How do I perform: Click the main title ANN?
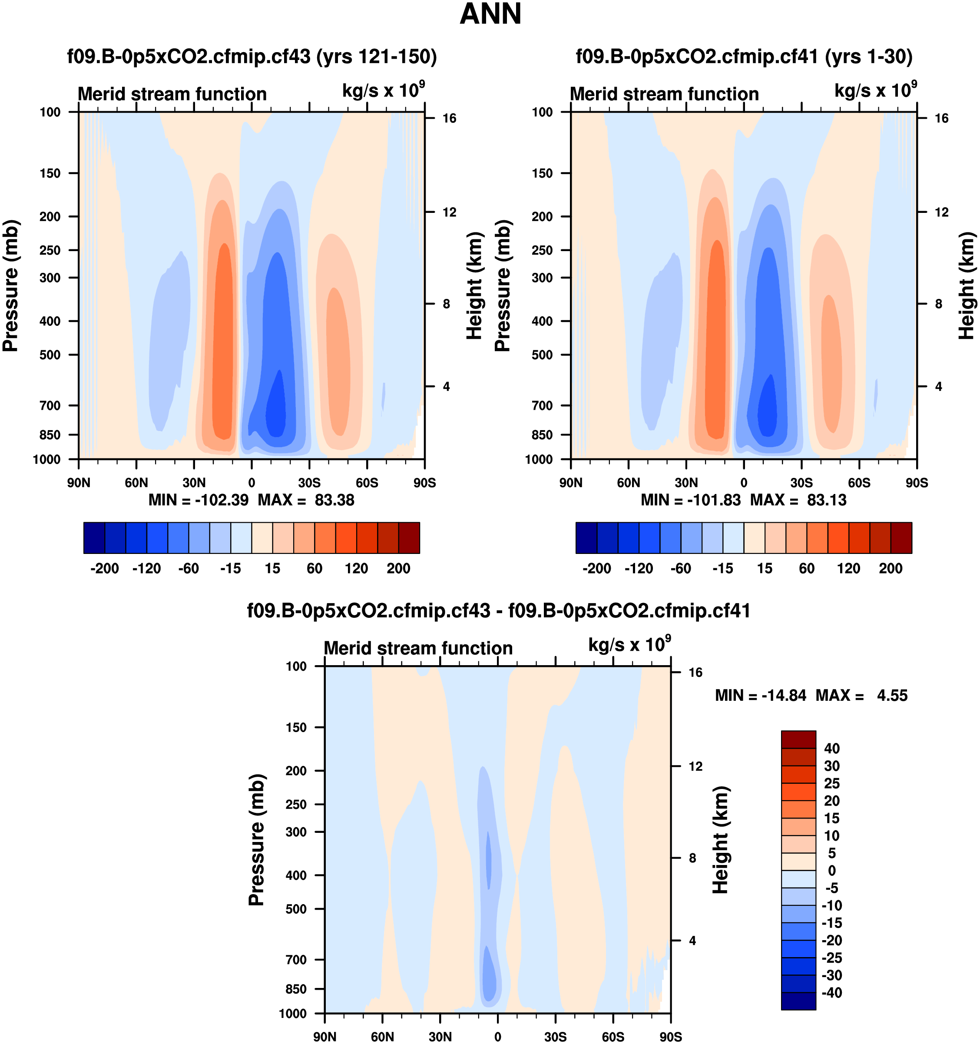[490, 14]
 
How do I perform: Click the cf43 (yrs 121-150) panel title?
[252, 56]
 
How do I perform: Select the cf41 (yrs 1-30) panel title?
[744, 56]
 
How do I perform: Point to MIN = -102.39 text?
[198, 500]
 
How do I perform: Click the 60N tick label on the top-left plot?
[136, 483]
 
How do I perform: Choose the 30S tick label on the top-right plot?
[801, 483]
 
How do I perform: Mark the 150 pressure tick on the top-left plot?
[50, 173]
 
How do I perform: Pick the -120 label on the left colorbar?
[146, 569]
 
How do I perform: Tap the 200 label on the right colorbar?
[890, 569]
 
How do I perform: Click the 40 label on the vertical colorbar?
[832, 748]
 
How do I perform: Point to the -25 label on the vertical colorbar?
[832, 958]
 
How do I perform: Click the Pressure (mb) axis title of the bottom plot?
[256, 840]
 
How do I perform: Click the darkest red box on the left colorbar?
[409, 538]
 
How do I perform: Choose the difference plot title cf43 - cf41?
[498, 611]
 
